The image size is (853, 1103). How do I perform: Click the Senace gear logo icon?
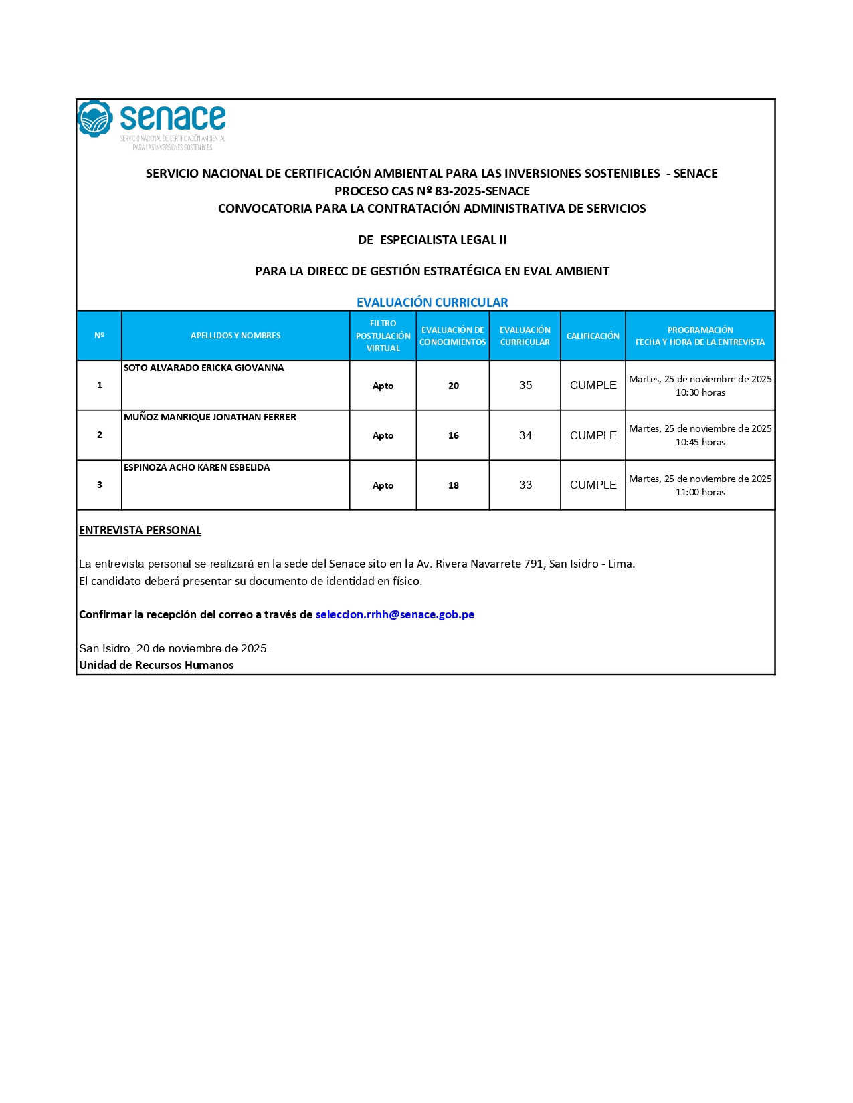click(x=94, y=118)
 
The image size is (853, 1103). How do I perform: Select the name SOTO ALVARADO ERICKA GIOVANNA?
click(x=203, y=368)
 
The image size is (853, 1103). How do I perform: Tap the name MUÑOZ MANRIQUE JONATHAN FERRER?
click(x=209, y=417)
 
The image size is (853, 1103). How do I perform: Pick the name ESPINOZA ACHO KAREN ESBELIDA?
click(x=197, y=467)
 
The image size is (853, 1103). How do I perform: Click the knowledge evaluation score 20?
click(x=453, y=386)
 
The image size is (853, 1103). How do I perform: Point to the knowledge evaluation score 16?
click(x=453, y=435)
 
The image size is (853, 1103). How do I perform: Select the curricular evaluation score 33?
click(x=525, y=485)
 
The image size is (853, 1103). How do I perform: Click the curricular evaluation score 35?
click(x=525, y=386)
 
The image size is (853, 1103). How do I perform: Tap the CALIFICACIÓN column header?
click(x=593, y=336)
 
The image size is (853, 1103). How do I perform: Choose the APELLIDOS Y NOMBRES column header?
click(x=235, y=336)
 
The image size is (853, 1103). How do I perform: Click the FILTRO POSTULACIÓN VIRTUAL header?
click(x=383, y=336)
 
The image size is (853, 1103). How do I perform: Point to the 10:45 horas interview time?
click(x=700, y=442)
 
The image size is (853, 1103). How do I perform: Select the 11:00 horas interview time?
click(x=700, y=492)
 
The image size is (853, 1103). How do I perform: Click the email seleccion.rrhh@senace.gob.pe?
click(x=395, y=614)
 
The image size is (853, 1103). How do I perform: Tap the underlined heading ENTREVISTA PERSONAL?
click(x=140, y=530)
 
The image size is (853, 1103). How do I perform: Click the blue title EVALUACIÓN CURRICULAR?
click(x=432, y=302)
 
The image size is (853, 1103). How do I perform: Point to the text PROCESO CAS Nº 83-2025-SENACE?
click(x=432, y=191)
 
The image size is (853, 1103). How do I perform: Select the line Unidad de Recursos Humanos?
click(x=157, y=665)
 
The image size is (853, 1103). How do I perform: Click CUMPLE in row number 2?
click(x=593, y=435)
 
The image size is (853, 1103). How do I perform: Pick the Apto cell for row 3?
click(x=383, y=485)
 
